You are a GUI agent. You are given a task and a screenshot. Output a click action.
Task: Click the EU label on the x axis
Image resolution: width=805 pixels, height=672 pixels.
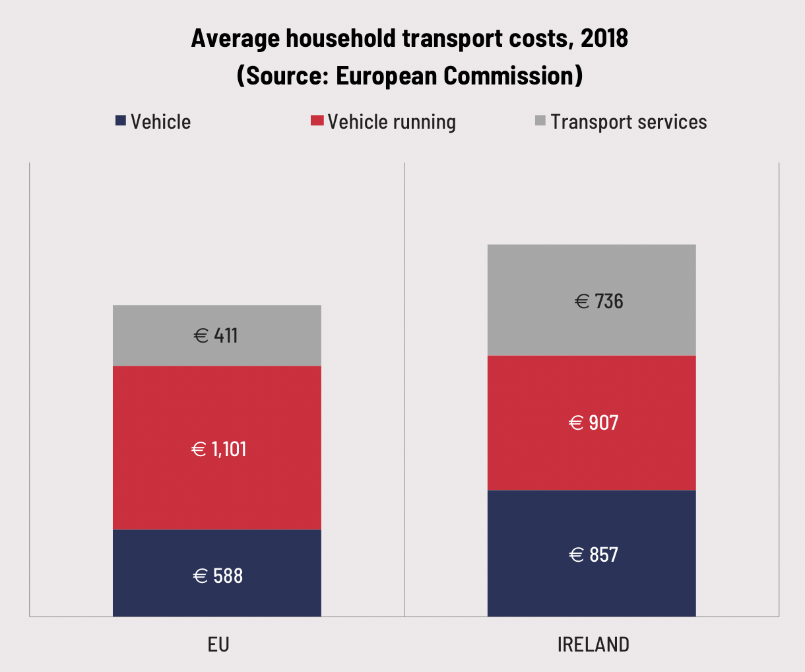(x=218, y=644)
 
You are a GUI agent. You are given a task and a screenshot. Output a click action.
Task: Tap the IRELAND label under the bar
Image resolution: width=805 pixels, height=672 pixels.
(x=593, y=644)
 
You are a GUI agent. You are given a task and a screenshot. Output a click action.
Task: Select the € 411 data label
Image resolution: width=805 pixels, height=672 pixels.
(x=216, y=335)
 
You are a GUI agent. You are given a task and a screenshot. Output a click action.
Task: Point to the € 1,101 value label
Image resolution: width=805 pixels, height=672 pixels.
(x=218, y=450)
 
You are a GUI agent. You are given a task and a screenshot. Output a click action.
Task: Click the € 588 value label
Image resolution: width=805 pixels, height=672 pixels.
(x=218, y=576)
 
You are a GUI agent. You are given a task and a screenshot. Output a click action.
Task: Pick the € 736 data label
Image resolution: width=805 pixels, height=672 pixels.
(x=599, y=301)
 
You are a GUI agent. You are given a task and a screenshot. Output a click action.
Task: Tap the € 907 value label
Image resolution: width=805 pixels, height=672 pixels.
(x=594, y=422)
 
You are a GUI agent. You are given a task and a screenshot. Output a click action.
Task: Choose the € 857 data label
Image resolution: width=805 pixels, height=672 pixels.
(x=594, y=554)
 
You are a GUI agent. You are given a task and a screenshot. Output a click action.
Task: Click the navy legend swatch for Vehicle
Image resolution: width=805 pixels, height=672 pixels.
(x=121, y=121)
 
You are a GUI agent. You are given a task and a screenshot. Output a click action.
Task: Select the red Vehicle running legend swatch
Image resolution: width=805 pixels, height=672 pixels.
(x=317, y=121)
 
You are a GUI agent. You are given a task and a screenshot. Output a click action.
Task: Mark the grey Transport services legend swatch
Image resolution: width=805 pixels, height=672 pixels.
(x=540, y=121)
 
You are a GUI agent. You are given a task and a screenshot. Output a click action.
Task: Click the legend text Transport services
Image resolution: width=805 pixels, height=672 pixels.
(x=629, y=122)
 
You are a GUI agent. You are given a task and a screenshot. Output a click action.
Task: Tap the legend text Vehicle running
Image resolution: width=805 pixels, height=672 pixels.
(x=392, y=122)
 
